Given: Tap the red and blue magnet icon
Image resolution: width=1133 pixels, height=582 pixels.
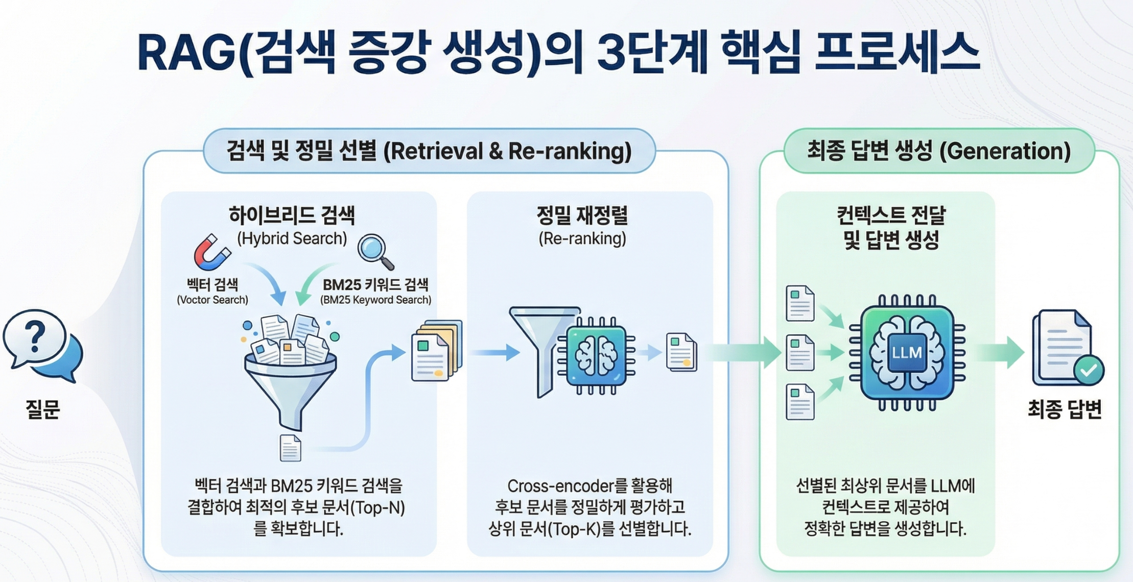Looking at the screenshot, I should [x=210, y=252].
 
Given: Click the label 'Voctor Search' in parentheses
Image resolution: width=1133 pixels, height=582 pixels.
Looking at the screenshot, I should [x=213, y=300].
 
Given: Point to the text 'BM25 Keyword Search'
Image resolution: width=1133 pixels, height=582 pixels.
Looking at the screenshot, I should [x=375, y=300].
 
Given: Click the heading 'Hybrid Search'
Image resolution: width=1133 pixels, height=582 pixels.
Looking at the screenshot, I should [x=292, y=238].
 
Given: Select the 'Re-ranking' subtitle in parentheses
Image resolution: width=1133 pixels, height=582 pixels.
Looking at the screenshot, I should [x=582, y=238].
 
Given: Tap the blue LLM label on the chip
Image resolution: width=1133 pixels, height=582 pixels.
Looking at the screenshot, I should [x=907, y=352].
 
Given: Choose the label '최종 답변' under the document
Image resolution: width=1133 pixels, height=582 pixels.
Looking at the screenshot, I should [x=1065, y=409].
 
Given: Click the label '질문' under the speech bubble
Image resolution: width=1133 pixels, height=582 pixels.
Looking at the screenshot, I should [x=43, y=409].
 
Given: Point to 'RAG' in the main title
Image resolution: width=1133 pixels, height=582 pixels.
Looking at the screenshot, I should [x=186, y=53].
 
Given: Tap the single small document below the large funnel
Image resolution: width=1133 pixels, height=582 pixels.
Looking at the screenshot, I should [x=290, y=448].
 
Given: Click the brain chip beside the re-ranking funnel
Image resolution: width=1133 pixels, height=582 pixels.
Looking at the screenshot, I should [x=597, y=355].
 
